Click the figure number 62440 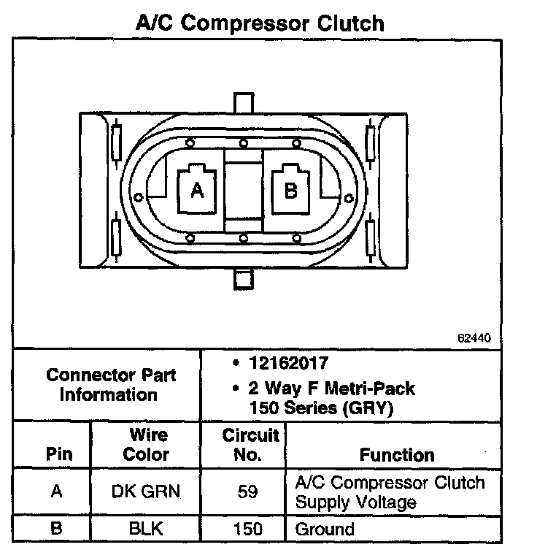click(x=474, y=338)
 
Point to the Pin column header click(x=59, y=454)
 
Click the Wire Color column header click(x=146, y=445)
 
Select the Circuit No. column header click(x=250, y=445)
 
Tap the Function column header click(x=397, y=454)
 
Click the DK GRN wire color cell click(x=146, y=492)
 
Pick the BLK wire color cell click(x=146, y=529)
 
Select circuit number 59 click(x=248, y=492)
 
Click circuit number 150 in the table click(x=248, y=529)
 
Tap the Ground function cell click(x=324, y=529)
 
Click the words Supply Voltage click(x=355, y=502)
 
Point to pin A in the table click(x=57, y=492)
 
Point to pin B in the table click(x=57, y=529)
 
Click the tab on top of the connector click(x=242, y=102)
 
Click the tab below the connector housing click(x=242, y=278)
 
